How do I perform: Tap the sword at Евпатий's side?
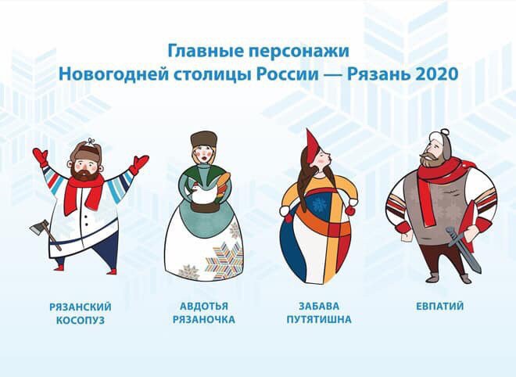pos(463,249)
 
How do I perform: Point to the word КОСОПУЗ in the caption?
pos(81,320)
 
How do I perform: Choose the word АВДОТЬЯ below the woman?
pos(204,306)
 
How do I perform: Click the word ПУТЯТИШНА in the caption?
pos(319,319)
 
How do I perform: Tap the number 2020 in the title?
pos(437,74)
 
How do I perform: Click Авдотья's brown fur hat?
pos(204,140)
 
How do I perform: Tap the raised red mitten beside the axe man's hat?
pos(40,158)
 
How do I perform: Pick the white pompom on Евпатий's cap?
pos(444,131)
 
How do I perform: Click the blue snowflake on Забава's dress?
pos(319,204)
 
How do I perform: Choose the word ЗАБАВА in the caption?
pos(319,306)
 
